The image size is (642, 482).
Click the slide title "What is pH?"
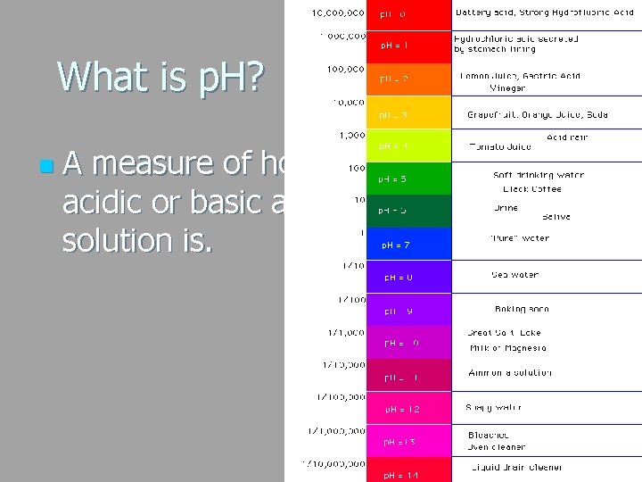coord(160,77)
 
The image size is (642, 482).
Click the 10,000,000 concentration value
coord(337,13)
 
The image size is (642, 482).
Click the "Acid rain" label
coord(566,137)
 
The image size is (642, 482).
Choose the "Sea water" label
coord(514,275)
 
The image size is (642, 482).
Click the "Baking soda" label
coord(520,309)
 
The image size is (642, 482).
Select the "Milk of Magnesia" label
coord(507,348)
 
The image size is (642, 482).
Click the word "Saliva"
coord(556,217)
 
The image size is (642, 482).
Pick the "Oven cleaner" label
coord(498,447)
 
